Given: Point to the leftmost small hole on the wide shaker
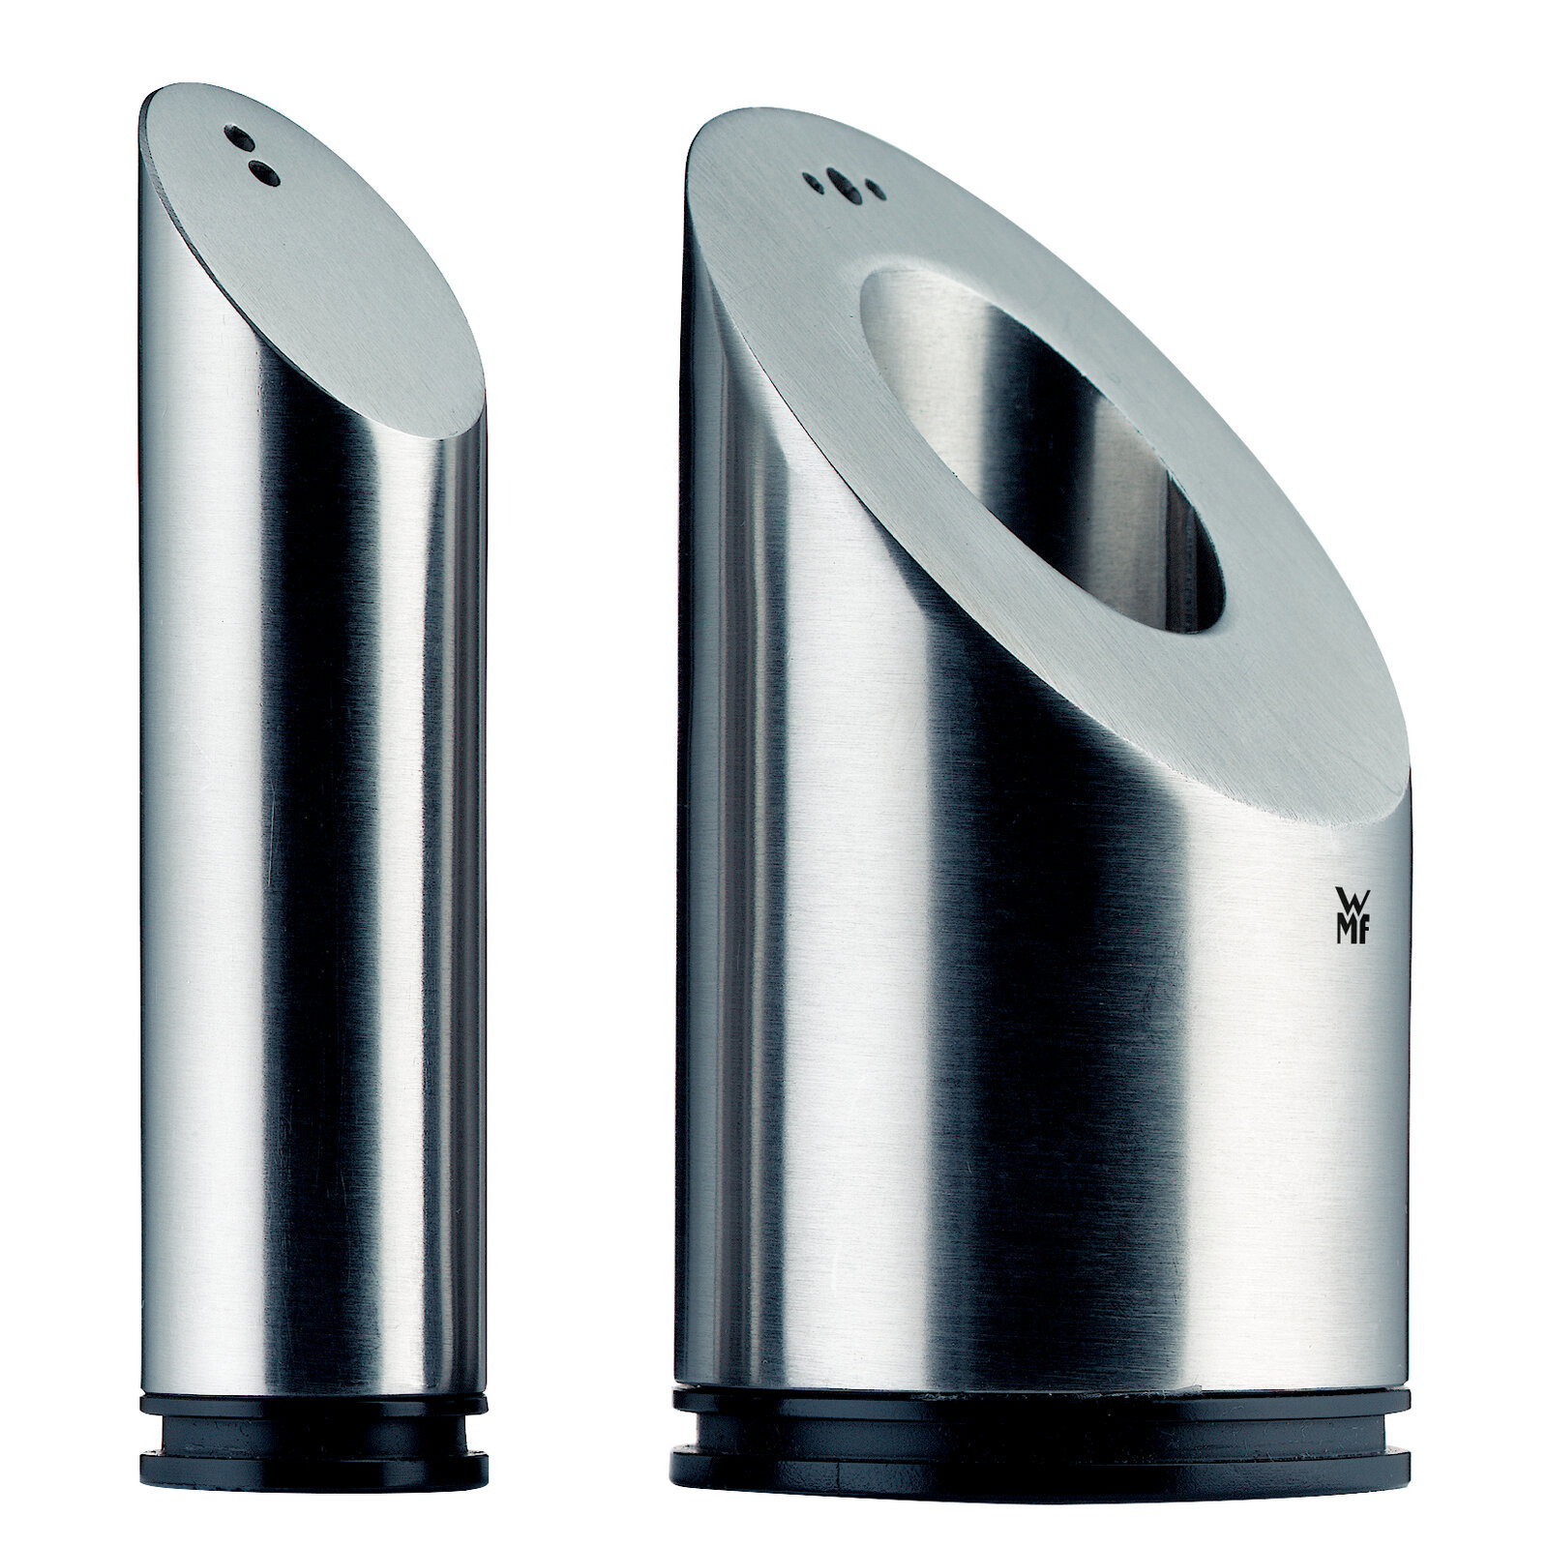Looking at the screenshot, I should [813, 178].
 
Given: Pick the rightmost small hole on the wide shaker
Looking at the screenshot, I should [874, 187].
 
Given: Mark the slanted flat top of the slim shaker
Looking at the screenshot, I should [319, 290].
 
